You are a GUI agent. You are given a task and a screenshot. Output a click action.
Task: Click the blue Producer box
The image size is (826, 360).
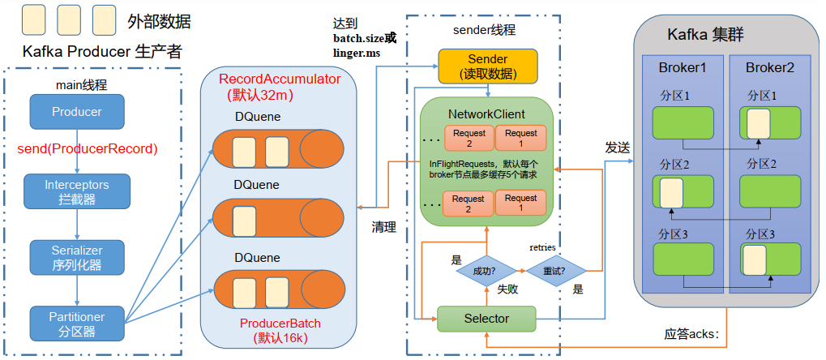[x=76, y=111]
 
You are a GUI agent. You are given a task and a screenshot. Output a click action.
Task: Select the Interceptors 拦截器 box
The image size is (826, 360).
[x=76, y=191]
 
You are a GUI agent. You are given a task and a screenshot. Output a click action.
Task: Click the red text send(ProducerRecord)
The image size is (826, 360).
[x=87, y=149]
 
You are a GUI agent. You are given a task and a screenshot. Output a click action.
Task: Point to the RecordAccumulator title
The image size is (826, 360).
[x=280, y=79]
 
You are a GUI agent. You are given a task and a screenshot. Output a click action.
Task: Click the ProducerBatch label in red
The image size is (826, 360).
[x=280, y=323]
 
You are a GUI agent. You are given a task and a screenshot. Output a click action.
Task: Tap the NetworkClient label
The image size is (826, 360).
[x=486, y=114]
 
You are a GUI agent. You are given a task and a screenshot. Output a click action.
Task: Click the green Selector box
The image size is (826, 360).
[x=486, y=319]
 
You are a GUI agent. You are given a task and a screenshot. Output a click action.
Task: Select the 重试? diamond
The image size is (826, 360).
[x=555, y=271]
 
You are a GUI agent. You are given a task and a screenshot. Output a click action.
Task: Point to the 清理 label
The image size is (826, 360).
[x=383, y=227]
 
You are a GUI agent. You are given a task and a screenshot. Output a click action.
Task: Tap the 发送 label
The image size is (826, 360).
[x=618, y=148]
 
